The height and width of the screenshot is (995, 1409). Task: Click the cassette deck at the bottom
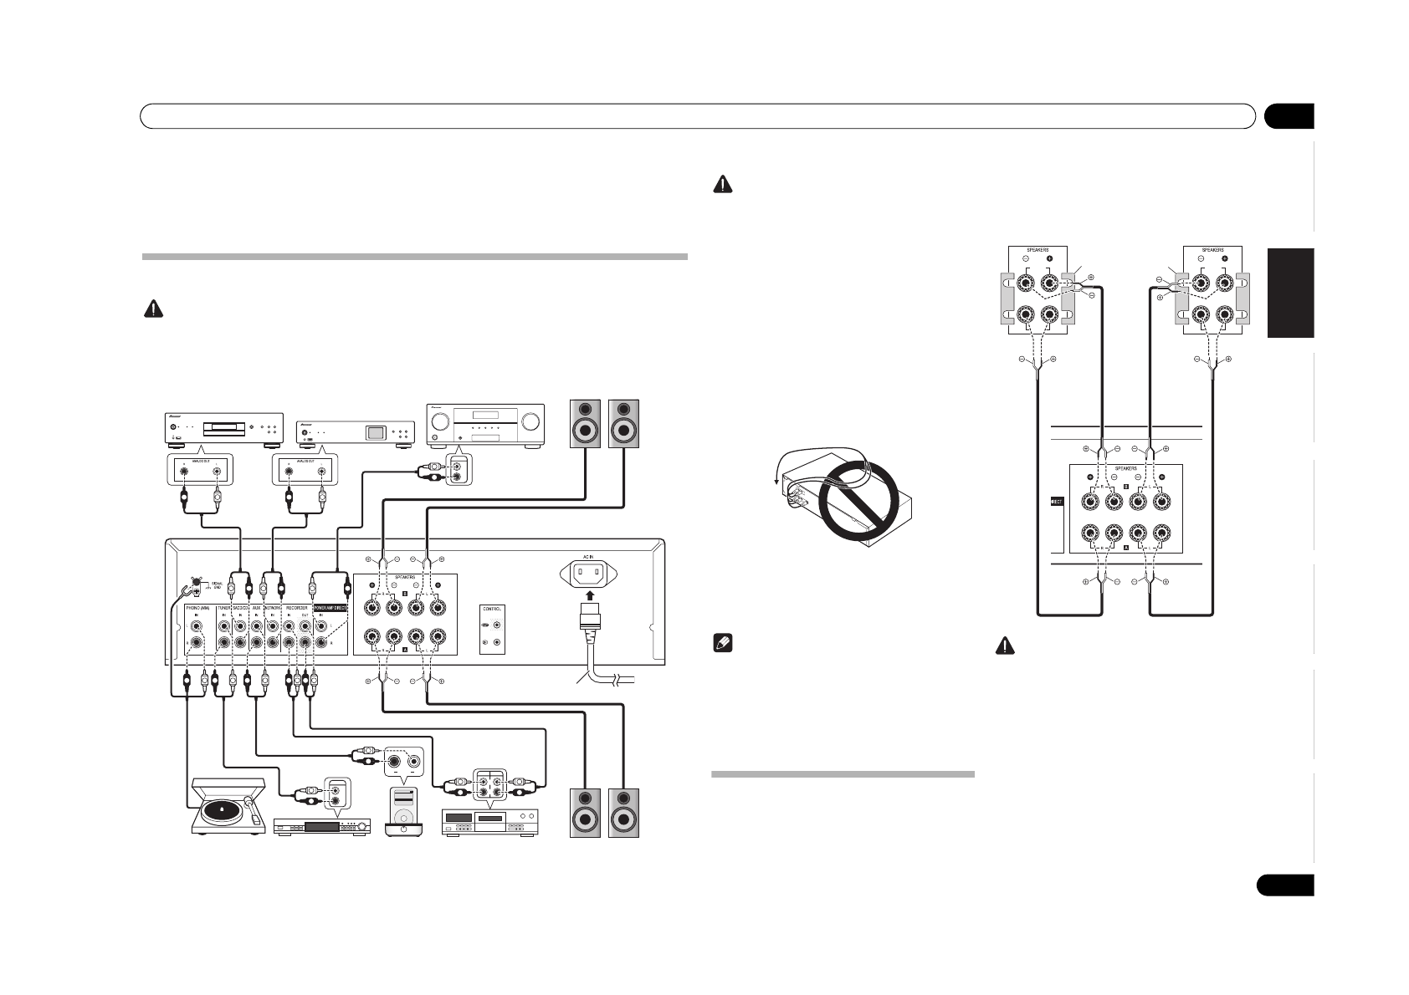[489, 823]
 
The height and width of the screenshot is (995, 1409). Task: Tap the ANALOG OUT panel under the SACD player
[201, 470]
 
